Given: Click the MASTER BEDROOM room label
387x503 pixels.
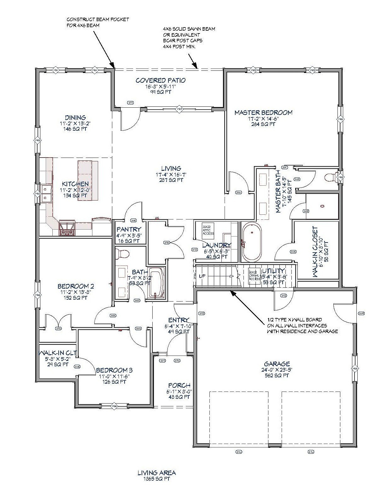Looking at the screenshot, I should (263, 113).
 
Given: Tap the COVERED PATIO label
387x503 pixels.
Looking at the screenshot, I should (161, 81).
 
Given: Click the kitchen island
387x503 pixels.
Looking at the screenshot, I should (85, 180).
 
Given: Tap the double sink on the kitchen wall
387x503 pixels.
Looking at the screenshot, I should (46, 194).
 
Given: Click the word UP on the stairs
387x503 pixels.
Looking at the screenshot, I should (202, 276).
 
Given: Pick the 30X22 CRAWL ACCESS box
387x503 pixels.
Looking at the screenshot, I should (254, 277).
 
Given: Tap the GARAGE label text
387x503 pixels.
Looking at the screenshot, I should (277, 364).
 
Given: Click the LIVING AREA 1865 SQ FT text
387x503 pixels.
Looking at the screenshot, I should (156, 475).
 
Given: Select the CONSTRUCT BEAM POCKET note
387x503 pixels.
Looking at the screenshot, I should (97, 22).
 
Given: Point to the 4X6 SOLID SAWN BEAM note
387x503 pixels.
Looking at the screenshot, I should (189, 38).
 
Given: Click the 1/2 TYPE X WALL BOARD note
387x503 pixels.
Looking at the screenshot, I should (302, 326).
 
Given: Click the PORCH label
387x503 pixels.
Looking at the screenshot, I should (179, 386).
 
